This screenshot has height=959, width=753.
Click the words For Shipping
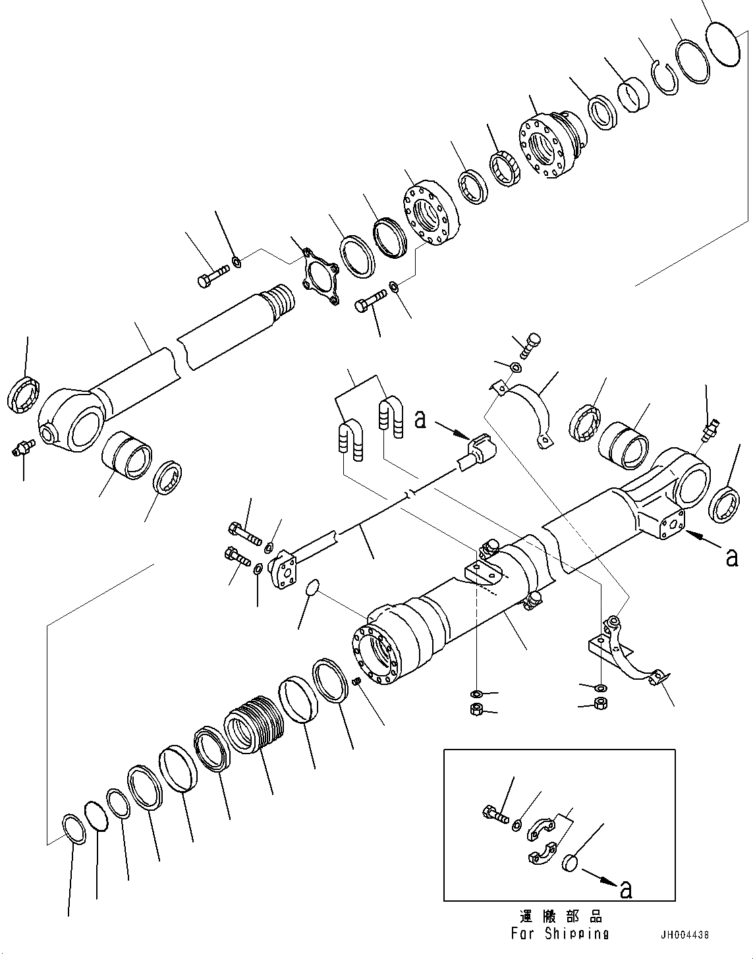(x=559, y=933)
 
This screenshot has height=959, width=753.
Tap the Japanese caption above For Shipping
(x=560, y=917)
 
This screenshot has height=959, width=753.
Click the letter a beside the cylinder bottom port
(x=731, y=557)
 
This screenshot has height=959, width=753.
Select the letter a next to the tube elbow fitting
(x=420, y=419)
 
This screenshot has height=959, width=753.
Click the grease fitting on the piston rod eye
(x=21, y=449)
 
